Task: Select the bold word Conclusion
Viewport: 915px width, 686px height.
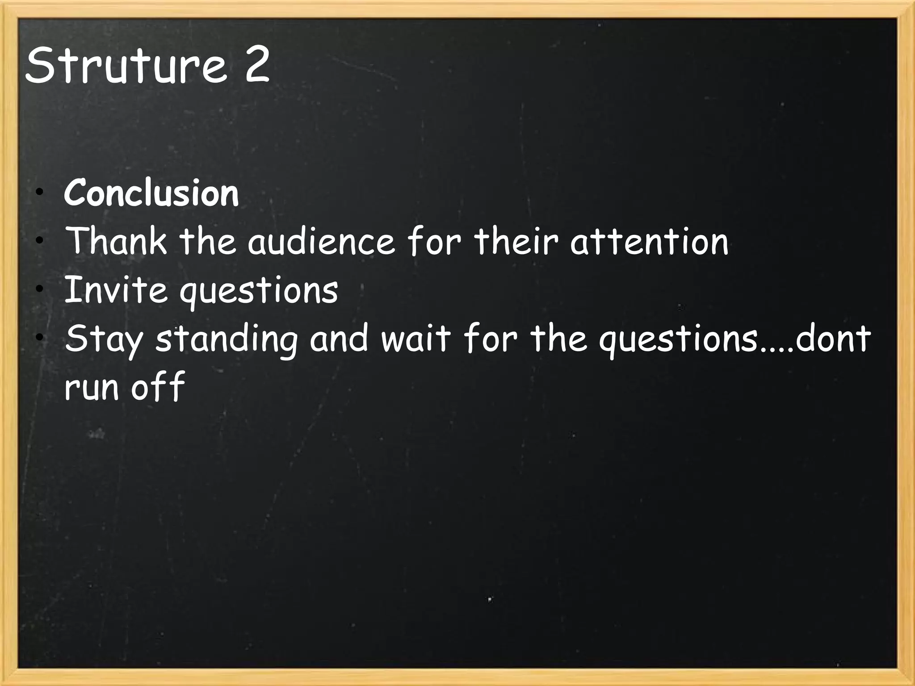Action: (151, 193)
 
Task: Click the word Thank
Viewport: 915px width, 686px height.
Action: (116, 241)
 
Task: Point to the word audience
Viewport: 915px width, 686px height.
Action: (321, 242)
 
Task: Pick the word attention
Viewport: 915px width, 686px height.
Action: (649, 242)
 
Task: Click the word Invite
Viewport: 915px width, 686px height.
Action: (116, 290)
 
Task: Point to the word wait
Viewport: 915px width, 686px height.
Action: (416, 339)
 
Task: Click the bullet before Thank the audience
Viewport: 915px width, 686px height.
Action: (40, 241)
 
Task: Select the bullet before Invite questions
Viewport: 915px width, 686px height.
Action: (40, 289)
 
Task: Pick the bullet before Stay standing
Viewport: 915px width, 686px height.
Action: (40, 338)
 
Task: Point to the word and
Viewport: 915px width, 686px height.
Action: (339, 339)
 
